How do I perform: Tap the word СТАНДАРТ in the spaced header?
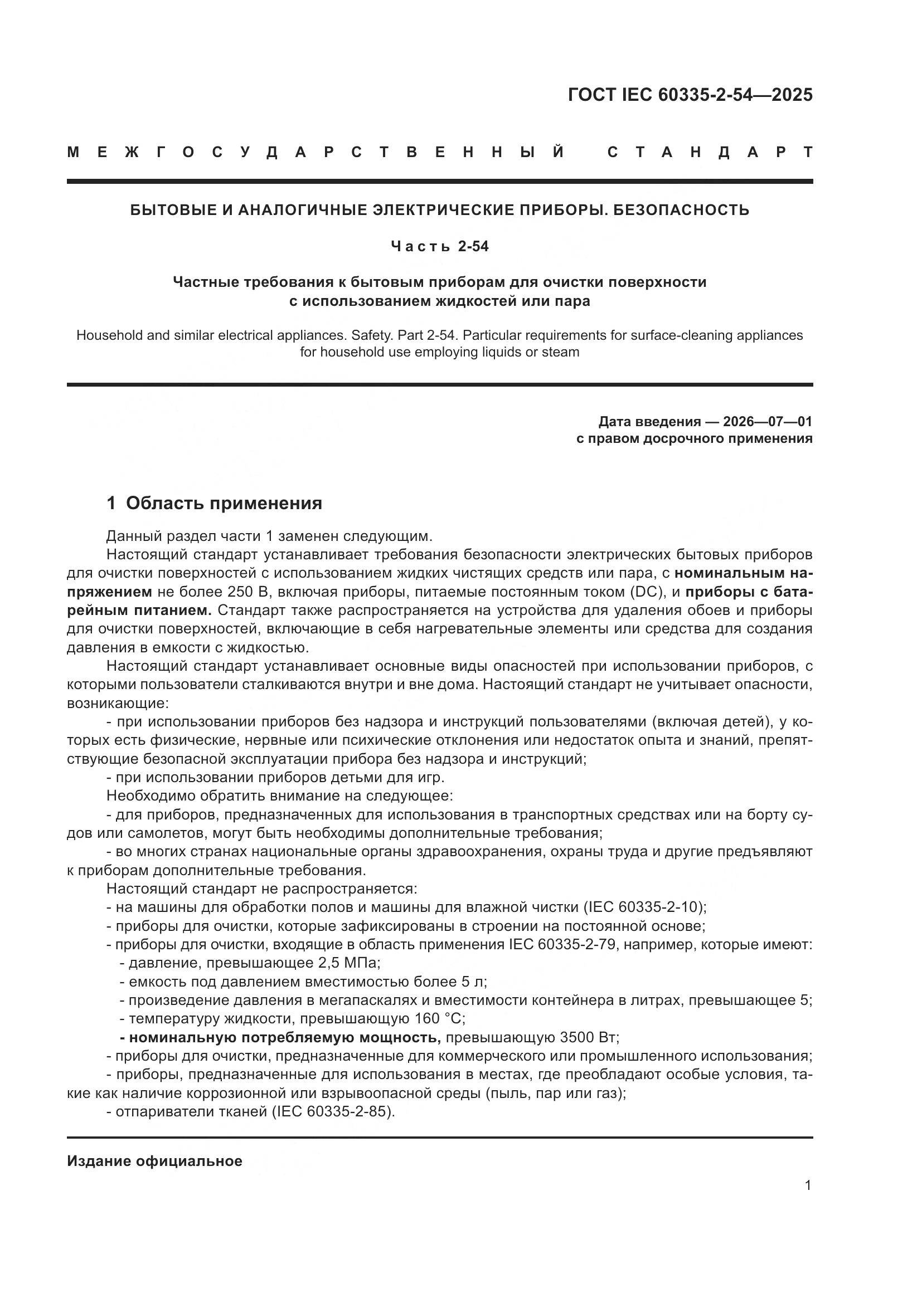(710, 153)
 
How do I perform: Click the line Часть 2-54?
(439, 247)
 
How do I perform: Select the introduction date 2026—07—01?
(767, 422)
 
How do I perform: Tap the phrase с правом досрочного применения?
(694, 438)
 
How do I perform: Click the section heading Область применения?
(224, 504)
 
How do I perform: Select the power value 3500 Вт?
(589, 1037)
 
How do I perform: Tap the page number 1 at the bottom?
(808, 1185)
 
